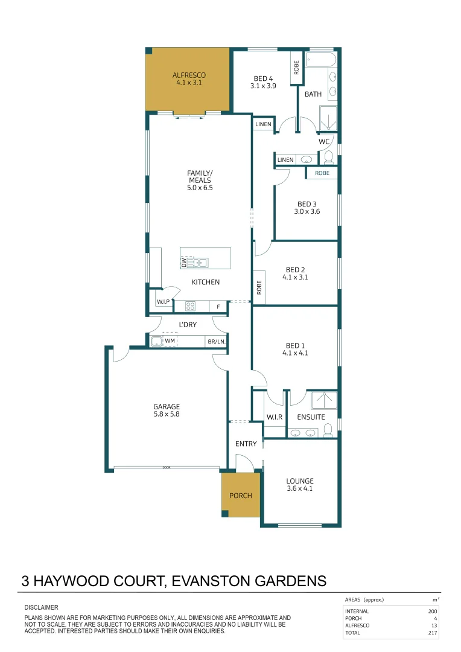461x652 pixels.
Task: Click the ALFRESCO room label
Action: point(189,75)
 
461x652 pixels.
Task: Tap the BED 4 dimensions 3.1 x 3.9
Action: point(263,86)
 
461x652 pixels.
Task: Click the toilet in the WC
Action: point(328,158)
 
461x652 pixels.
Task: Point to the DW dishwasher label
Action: point(184,263)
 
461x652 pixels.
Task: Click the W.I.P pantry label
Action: point(163,301)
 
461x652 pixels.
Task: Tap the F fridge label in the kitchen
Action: point(218,307)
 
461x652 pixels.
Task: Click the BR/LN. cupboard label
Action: point(216,342)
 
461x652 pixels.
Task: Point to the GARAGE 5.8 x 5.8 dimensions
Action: point(167,415)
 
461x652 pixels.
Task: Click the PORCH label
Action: point(240,496)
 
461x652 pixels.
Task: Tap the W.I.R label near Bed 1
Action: point(275,417)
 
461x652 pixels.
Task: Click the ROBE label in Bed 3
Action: point(322,173)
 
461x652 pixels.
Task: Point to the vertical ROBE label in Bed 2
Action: point(259,287)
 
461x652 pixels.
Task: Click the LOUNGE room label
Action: point(299,481)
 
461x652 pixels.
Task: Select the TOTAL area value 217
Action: point(432,633)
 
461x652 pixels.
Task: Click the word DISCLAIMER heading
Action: point(41,607)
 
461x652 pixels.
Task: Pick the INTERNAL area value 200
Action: point(432,611)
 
